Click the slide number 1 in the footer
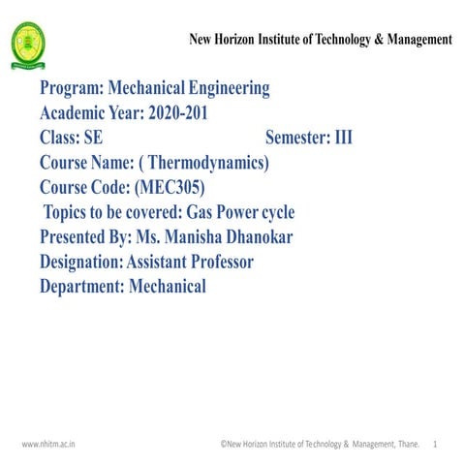tap(437, 444)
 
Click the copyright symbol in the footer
tap(223, 444)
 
